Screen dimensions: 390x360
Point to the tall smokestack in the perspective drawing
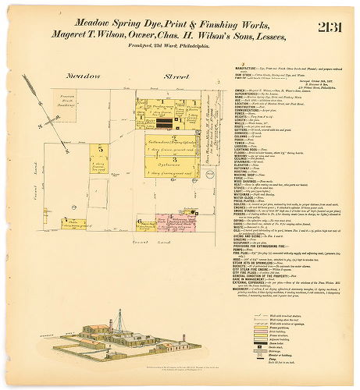tap(120, 321)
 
